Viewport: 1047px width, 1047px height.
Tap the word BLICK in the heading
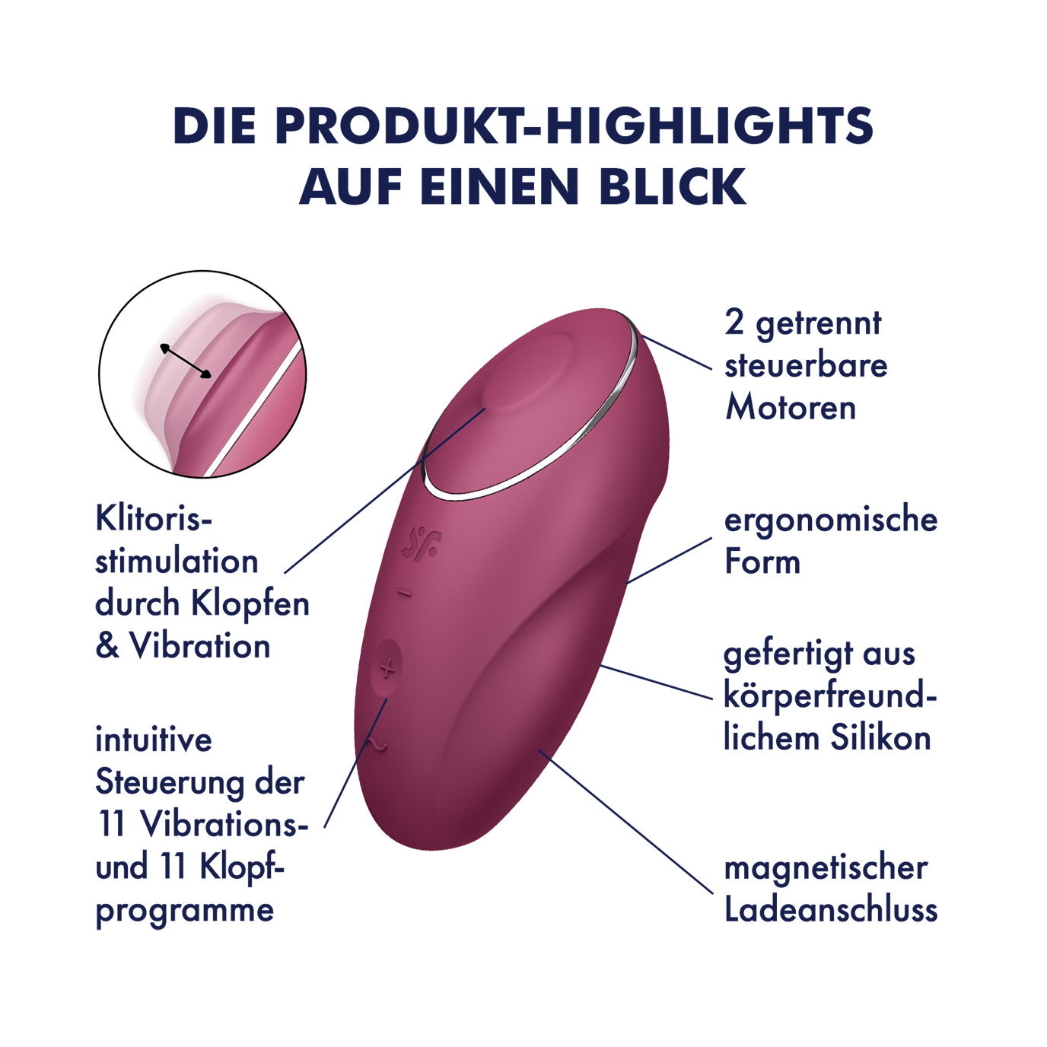click(673, 186)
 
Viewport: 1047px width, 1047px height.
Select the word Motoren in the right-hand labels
click(791, 407)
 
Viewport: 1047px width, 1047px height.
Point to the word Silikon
click(880, 738)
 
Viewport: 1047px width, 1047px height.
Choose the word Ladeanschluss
click(832, 910)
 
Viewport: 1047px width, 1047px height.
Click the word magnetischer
click(826, 867)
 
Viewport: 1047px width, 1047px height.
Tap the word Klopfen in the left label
click(250, 605)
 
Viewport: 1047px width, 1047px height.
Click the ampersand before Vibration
click(107, 647)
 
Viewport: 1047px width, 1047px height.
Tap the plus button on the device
click(387, 670)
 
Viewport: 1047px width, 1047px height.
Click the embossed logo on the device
click(422, 543)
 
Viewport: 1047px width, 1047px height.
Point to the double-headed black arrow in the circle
click(185, 360)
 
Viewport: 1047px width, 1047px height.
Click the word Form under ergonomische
click(762, 562)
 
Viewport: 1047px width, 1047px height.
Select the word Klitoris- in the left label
click(153, 518)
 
